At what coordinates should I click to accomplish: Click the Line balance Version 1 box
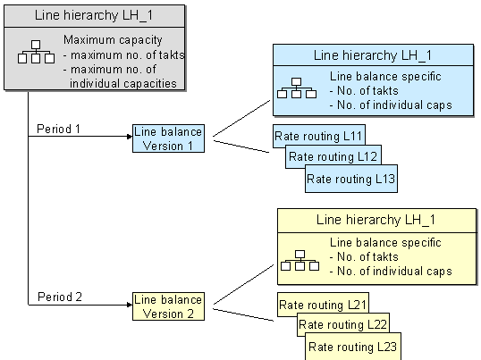pyautogui.click(x=168, y=138)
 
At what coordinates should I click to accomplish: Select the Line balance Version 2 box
pyautogui.click(x=168, y=306)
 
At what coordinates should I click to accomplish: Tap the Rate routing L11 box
pyautogui.click(x=319, y=135)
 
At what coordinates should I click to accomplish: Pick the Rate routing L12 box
pyautogui.click(x=333, y=155)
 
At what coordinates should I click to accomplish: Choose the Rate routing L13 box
pyautogui.click(x=351, y=179)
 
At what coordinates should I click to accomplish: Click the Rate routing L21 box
pyautogui.click(x=323, y=304)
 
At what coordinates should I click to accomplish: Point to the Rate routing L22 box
pyautogui.click(x=343, y=323)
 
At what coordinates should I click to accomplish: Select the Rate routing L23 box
pyautogui.click(x=353, y=347)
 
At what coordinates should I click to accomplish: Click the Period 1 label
pyautogui.click(x=58, y=129)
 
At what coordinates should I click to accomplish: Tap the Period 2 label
pyautogui.click(x=60, y=297)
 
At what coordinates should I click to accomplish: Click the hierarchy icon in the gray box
pyautogui.click(x=36, y=52)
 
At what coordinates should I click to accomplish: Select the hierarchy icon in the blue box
pyautogui.click(x=297, y=88)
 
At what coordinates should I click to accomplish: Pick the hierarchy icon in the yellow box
pyautogui.click(x=300, y=261)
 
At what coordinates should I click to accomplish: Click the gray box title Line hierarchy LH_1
pyautogui.click(x=94, y=15)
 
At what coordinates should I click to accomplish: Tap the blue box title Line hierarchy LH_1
pyautogui.click(x=373, y=55)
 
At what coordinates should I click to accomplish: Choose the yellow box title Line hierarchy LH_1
pyautogui.click(x=376, y=220)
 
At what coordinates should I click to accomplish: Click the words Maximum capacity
pyautogui.click(x=113, y=40)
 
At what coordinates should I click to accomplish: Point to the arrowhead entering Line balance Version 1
pyautogui.click(x=130, y=137)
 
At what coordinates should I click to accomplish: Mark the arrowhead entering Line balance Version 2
pyautogui.click(x=130, y=305)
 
